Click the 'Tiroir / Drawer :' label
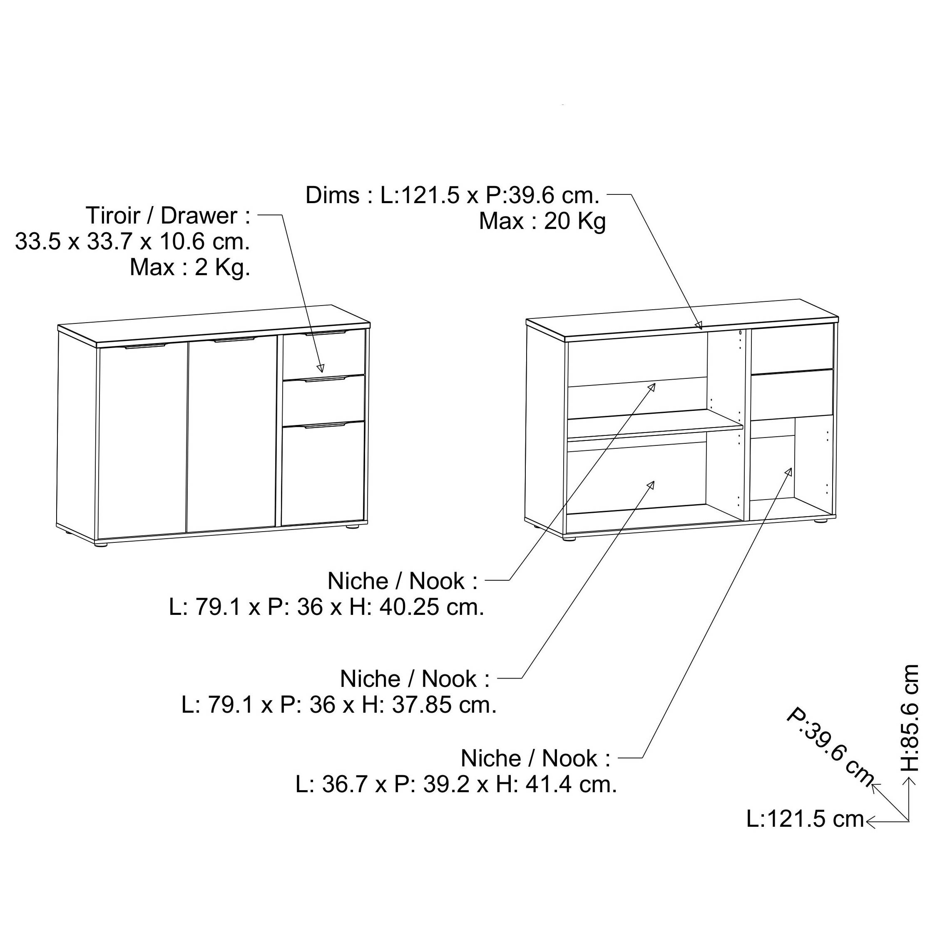[168, 216]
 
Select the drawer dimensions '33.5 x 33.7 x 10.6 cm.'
[133, 241]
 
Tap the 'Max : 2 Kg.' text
[190, 267]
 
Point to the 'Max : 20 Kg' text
[542, 221]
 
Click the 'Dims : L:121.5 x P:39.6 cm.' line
[453, 196]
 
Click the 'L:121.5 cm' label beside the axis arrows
[805, 820]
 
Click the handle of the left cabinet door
[144, 346]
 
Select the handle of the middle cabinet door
[234, 339]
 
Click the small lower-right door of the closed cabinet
[323, 473]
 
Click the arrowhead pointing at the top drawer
[320, 368]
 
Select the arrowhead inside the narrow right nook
[789, 472]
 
